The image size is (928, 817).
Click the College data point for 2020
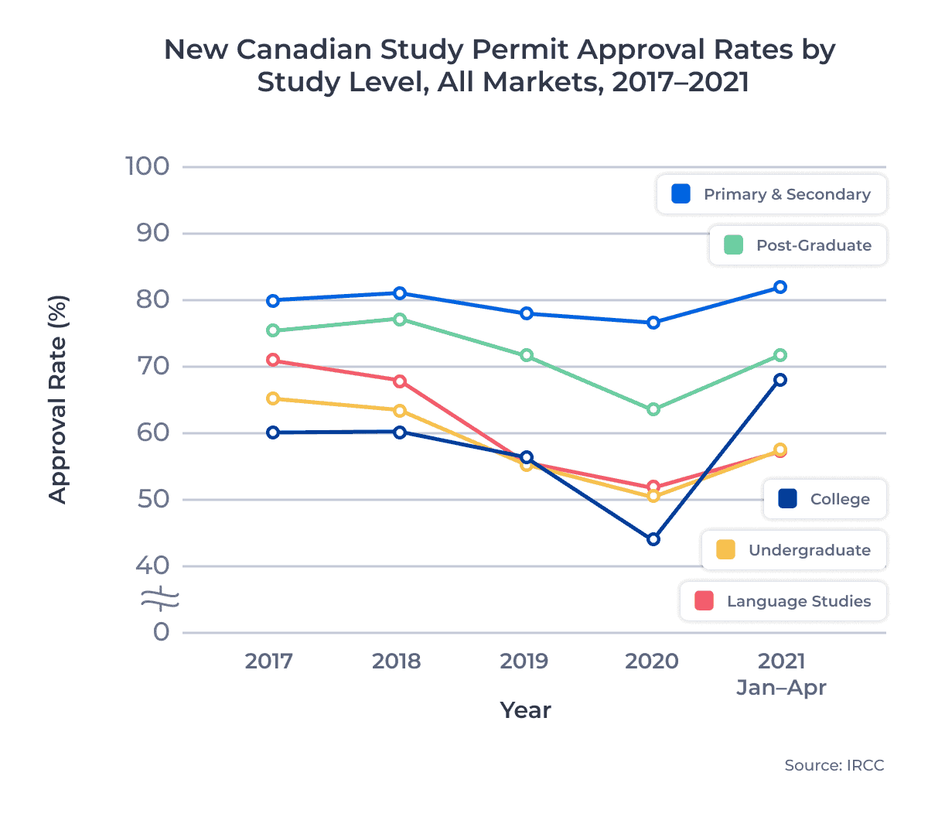(x=653, y=539)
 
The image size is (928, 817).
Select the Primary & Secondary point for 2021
(x=780, y=287)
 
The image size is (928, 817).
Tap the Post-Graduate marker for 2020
(x=653, y=409)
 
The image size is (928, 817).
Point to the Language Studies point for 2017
(x=273, y=361)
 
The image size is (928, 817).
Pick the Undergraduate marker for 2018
(x=400, y=411)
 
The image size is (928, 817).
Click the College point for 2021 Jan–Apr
(x=780, y=380)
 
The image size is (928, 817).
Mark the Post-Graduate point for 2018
(x=400, y=320)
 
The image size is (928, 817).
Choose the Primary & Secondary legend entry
(x=771, y=194)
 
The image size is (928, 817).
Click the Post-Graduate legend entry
(x=797, y=245)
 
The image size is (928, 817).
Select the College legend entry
(x=824, y=499)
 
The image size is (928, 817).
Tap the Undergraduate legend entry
(x=793, y=550)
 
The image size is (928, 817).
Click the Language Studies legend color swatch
(x=704, y=601)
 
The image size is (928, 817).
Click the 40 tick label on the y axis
(x=152, y=566)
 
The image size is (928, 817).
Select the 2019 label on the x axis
(x=524, y=661)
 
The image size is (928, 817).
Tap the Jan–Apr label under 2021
(x=781, y=688)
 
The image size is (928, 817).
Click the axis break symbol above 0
(x=160, y=598)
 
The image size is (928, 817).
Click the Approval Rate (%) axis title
(x=58, y=399)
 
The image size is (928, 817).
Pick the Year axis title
(x=525, y=710)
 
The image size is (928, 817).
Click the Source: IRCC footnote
(x=834, y=765)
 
